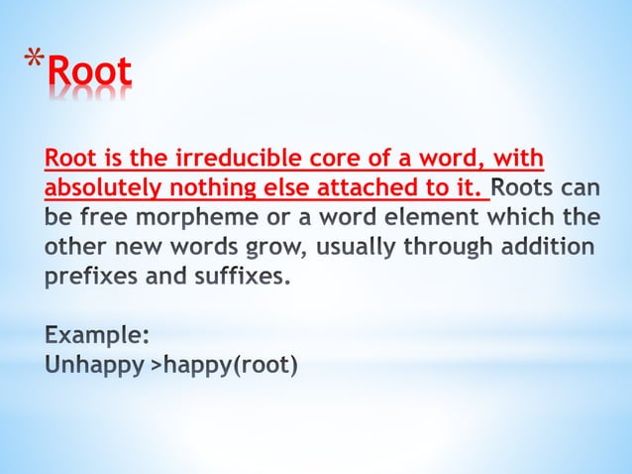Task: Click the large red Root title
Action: pyautogui.click(x=89, y=72)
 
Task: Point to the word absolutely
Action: pyautogui.click(x=96, y=187)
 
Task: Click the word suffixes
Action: pyautogui.click(x=240, y=274)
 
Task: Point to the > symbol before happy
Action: pyautogui.click(x=155, y=365)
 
